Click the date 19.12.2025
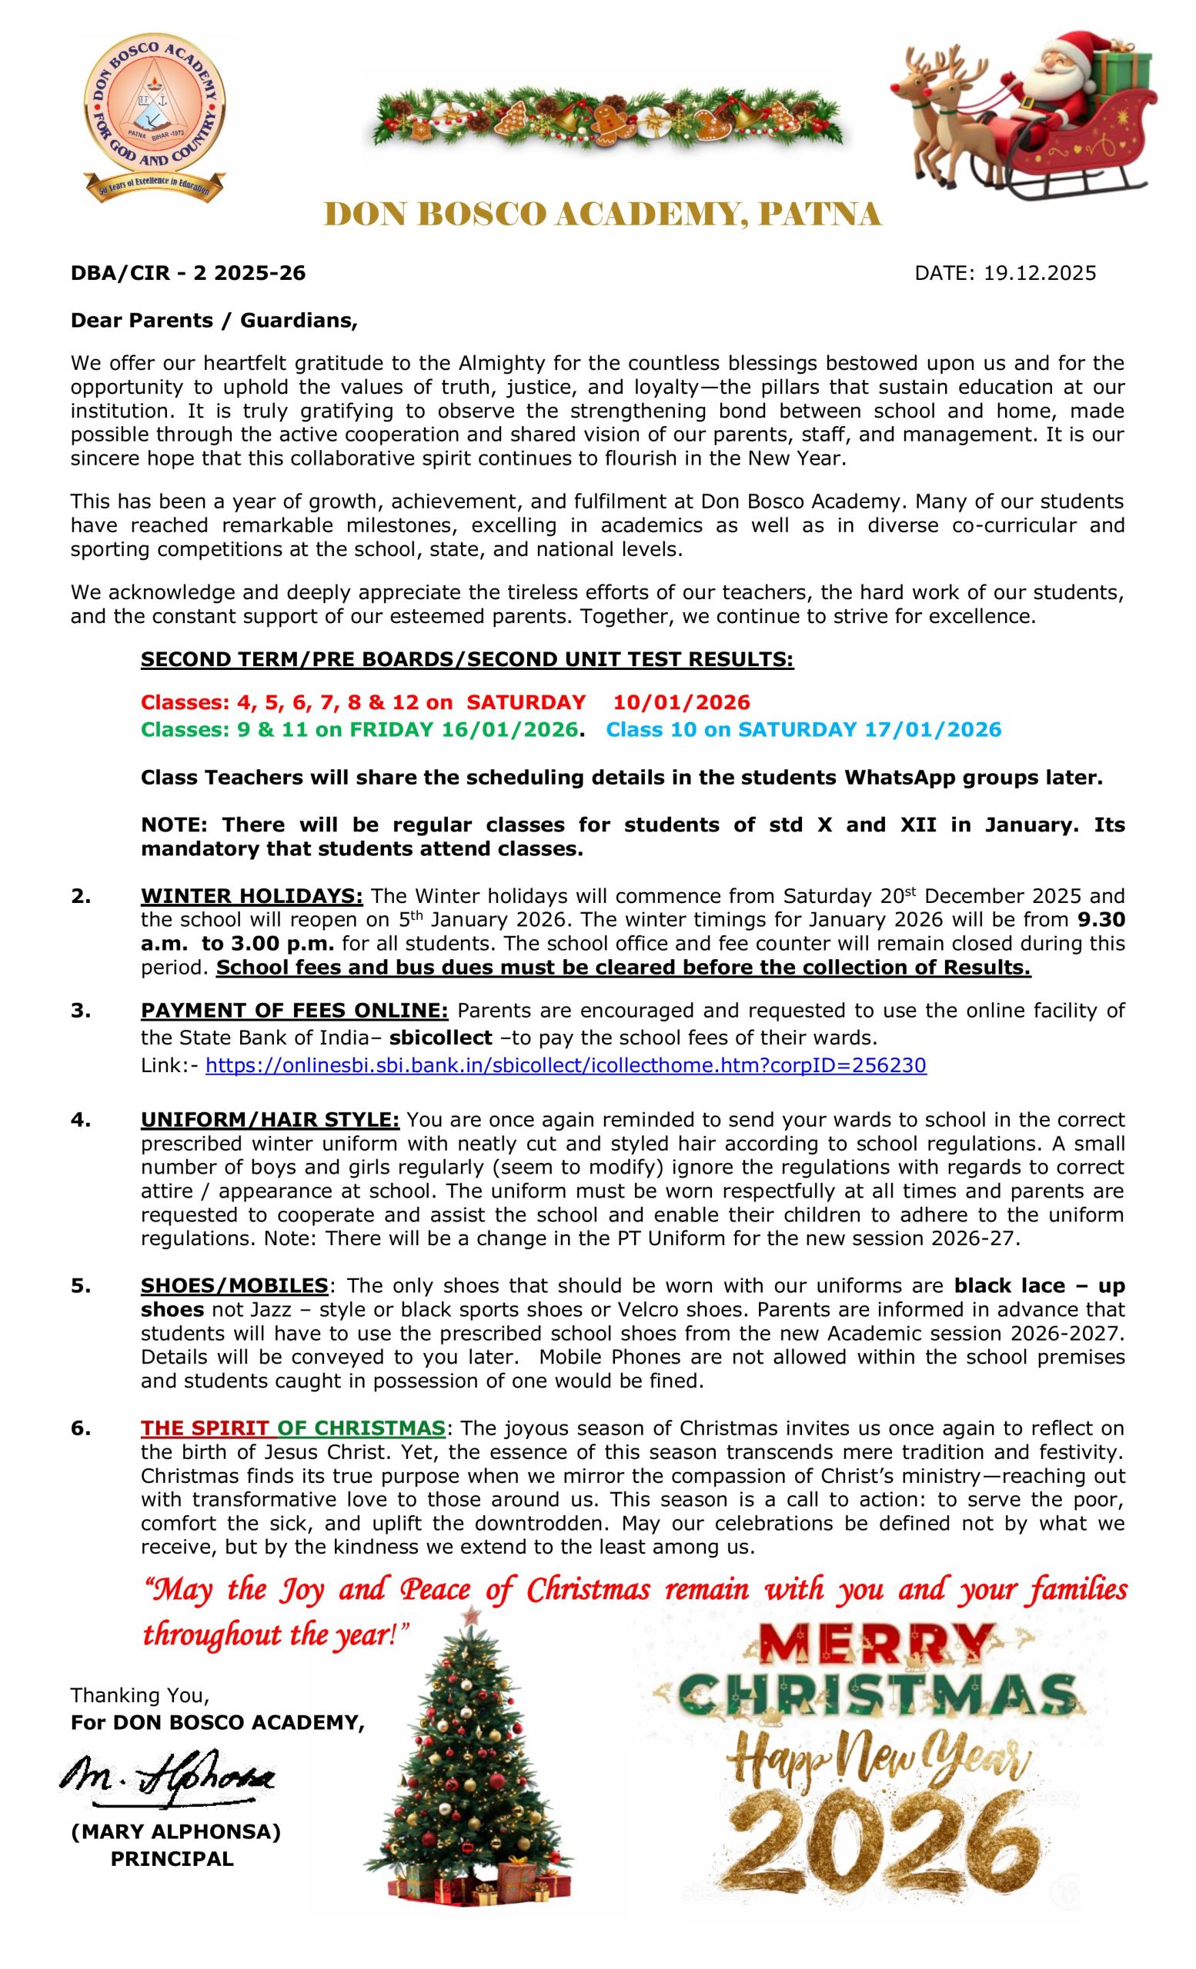point(1039,273)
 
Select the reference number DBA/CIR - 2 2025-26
point(188,273)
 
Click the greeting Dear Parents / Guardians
point(213,321)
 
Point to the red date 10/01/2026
point(681,702)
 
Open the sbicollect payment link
point(565,1065)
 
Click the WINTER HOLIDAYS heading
point(252,896)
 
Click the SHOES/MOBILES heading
point(233,1286)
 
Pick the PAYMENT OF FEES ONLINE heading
point(294,1011)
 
